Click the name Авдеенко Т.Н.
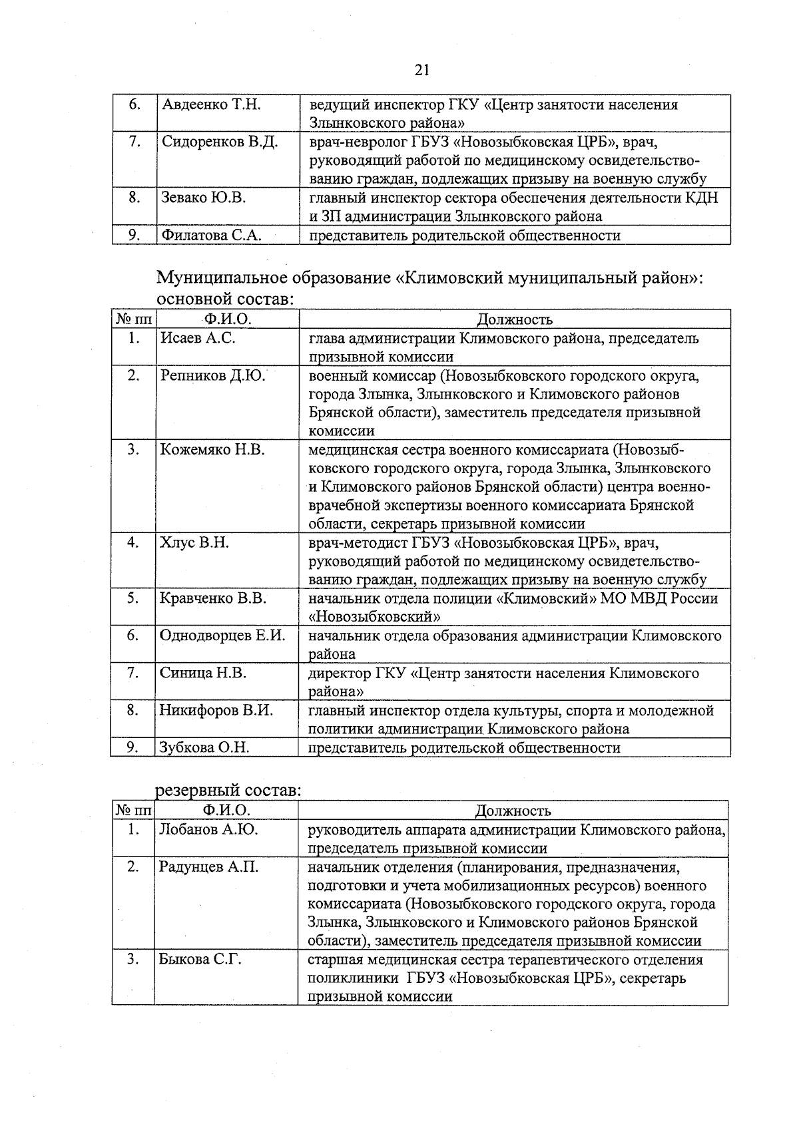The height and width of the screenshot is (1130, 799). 211,105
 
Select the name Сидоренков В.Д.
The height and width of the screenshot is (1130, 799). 220,142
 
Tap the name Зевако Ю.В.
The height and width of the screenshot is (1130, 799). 204,198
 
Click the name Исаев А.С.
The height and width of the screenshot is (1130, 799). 198,338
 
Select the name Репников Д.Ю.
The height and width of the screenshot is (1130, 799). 212,375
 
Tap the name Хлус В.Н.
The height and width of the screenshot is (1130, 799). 194,542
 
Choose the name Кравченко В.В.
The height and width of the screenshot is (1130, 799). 213,598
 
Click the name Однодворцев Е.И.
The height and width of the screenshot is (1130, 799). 222,636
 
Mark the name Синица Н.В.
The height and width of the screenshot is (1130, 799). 203,673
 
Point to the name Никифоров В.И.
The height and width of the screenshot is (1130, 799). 216,710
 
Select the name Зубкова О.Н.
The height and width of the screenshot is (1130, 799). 204,747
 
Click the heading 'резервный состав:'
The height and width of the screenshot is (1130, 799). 228,791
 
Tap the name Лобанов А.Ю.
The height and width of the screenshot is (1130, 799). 208,830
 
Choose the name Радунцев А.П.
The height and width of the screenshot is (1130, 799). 208,867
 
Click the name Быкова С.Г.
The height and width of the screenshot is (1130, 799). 200,960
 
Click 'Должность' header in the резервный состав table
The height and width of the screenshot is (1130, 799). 513,811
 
